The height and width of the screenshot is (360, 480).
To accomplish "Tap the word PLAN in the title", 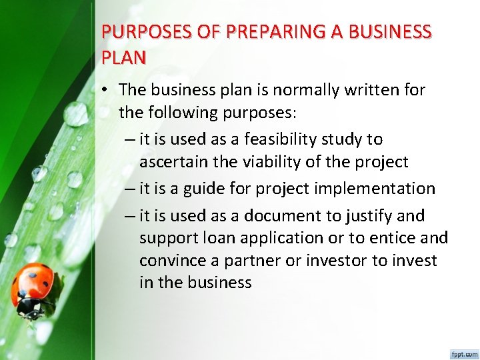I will click(x=123, y=57).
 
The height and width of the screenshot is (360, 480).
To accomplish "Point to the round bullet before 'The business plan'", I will click(x=107, y=90).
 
